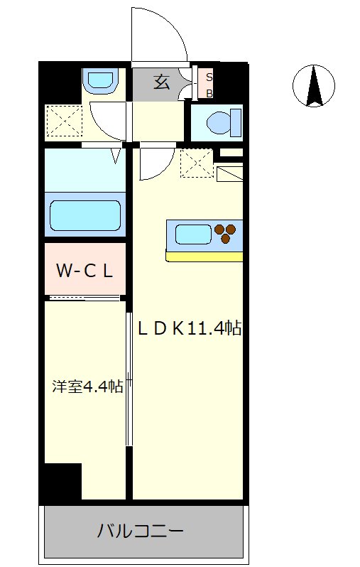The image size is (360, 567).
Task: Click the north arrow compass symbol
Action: point(313,86)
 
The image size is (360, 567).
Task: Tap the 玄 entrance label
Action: point(162,82)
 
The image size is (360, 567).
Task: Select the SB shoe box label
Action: point(209,85)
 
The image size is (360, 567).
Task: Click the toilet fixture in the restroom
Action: point(224,124)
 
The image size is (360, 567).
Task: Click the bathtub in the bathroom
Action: point(85,215)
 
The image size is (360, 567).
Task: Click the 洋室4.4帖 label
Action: point(87,387)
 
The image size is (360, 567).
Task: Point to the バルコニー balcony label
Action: point(141,531)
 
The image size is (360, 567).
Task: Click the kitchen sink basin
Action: point(193,234)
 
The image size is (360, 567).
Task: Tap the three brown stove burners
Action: point(225,233)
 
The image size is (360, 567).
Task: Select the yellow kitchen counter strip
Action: point(204,256)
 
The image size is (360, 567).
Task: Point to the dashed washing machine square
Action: point(64,121)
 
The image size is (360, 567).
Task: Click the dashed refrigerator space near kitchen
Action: point(197,163)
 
